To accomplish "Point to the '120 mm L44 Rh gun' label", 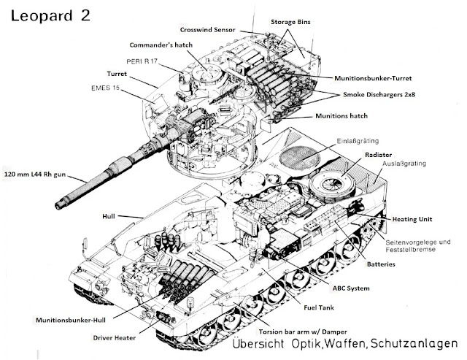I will click(42, 175).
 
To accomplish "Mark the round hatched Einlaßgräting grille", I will click(300, 158).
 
